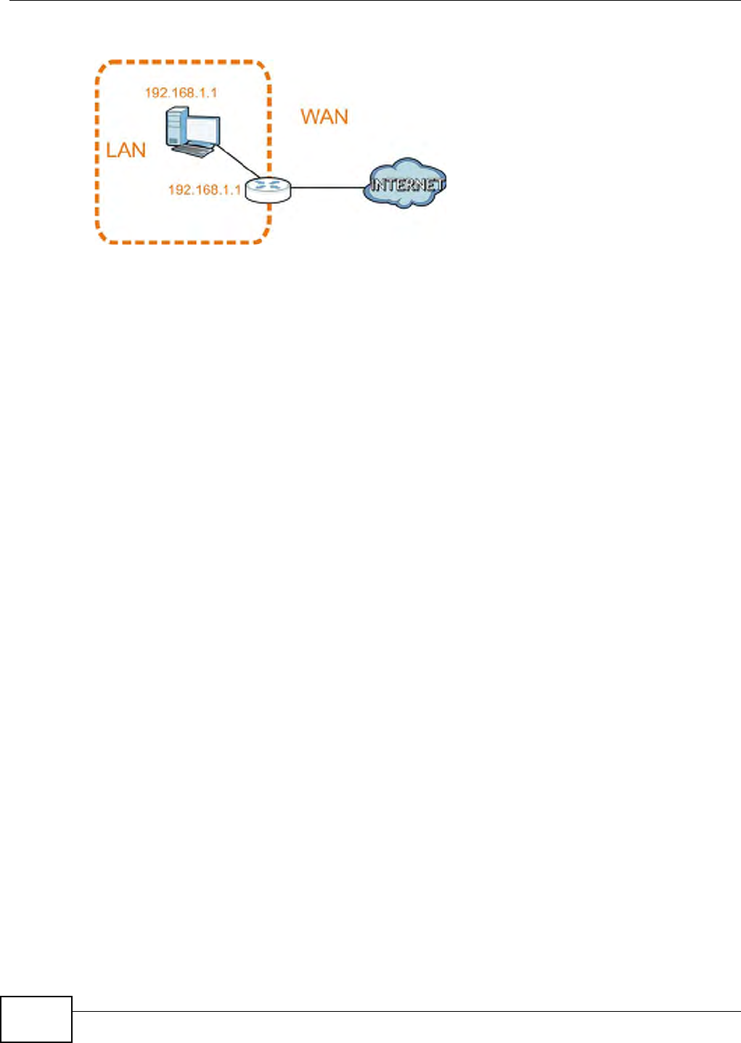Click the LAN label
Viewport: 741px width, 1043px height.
click(x=126, y=150)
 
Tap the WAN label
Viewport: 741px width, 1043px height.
click(x=324, y=117)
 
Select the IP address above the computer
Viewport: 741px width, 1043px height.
click(x=181, y=93)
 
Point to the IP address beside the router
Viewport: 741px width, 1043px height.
click(x=204, y=189)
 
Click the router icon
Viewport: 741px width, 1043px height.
click(x=267, y=189)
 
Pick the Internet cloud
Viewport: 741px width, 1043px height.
click(x=404, y=184)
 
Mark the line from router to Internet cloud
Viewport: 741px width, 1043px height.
click(x=326, y=187)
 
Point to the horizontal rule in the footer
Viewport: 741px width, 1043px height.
click(x=406, y=1011)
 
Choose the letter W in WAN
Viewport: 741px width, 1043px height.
click(x=310, y=117)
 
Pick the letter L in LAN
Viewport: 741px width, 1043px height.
click(x=111, y=150)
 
